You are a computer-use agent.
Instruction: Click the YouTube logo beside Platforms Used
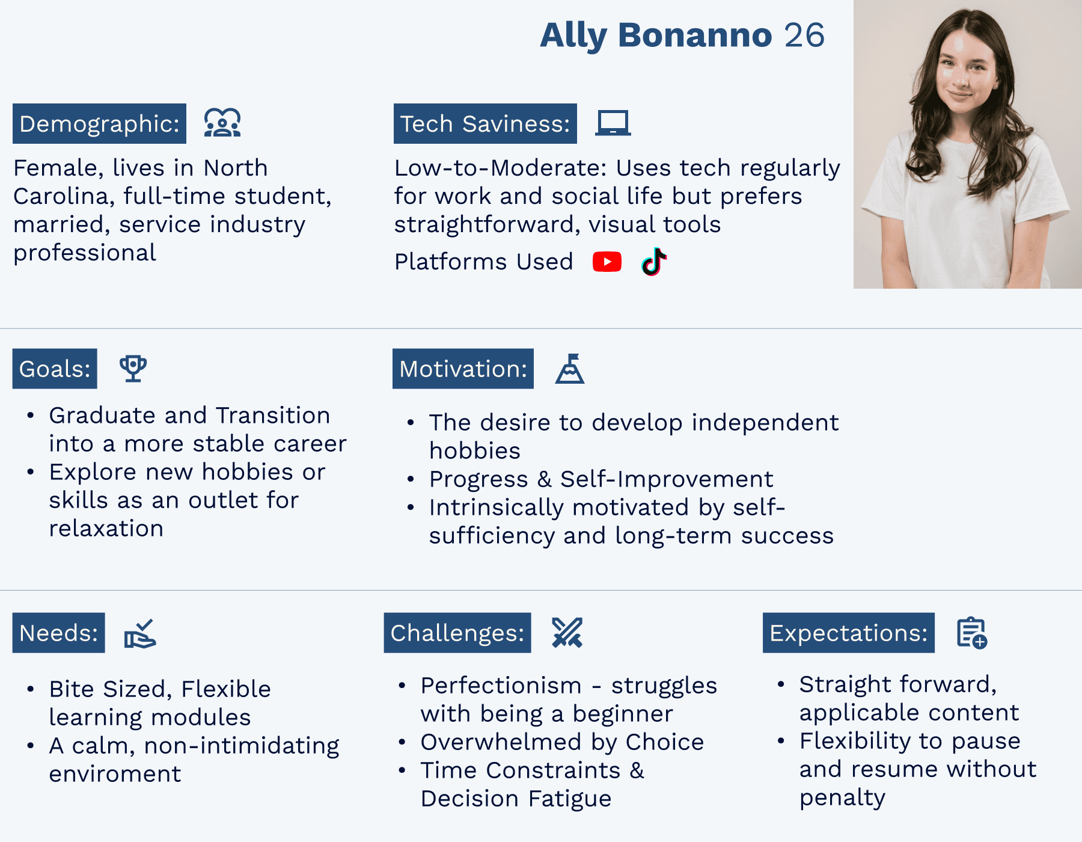(607, 262)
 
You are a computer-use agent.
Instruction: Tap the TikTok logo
(654, 262)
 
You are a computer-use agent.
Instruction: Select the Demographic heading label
(99, 123)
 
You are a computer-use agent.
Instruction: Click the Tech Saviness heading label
(485, 123)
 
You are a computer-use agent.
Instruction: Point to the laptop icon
(613, 123)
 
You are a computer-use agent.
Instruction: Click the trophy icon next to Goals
(133, 368)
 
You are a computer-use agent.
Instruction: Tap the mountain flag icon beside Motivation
(570, 368)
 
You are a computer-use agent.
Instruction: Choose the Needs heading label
(59, 633)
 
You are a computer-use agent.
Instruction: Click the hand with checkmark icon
(140, 633)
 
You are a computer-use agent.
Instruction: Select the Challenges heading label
(457, 633)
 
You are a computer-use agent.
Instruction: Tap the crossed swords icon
(567, 633)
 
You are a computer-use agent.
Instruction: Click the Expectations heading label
(849, 633)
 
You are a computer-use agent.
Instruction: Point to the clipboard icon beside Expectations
(972, 633)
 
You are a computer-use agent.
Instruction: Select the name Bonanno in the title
(695, 35)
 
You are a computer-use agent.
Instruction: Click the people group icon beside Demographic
(222, 123)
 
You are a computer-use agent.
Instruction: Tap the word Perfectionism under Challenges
(501, 686)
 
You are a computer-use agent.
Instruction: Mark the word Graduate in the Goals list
(103, 416)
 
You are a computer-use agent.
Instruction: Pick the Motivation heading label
(463, 369)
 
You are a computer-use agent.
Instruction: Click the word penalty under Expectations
(842, 798)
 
